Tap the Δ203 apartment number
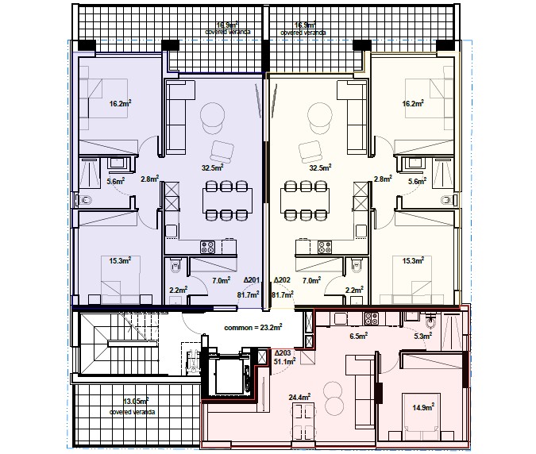(282, 352)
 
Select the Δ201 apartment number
(252, 281)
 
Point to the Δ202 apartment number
(283, 281)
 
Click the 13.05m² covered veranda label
(133, 407)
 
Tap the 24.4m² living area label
(299, 397)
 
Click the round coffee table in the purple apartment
(212, 116)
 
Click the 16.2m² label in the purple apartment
(120, 103)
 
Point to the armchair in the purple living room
(222, 151)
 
